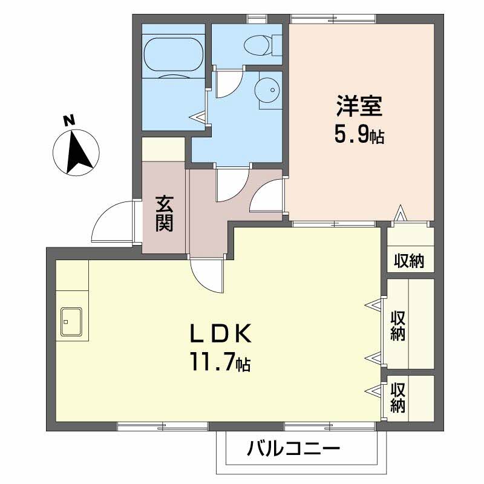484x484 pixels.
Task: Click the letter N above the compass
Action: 70,121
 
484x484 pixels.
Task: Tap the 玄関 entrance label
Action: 164,214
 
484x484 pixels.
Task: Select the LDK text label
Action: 220,334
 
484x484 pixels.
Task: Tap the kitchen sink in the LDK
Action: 72,321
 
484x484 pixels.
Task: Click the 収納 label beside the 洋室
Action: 410,261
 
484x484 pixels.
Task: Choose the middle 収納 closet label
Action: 397,325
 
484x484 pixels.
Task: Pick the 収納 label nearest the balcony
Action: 397,397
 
